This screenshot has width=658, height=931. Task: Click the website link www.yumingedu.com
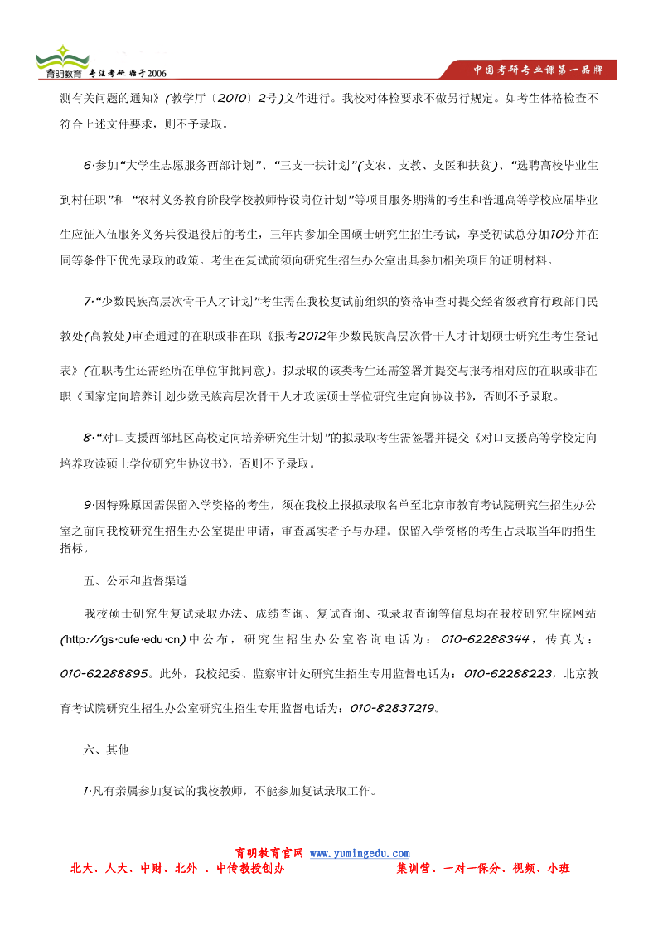pyautogui.click(x=360, y=853)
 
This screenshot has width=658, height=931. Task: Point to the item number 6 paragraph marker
pyautogui.click(x=87, y=166)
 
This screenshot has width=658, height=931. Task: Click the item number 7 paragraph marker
pyautogui.click(x=87, y=299)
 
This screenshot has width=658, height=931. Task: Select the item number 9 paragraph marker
pyautogui.click(x=87, y=503)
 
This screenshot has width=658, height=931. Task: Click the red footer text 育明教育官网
pyautogui.click(x=269, y=853)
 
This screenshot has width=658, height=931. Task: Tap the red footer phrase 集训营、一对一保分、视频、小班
pyautogui.click(x=483, y=869)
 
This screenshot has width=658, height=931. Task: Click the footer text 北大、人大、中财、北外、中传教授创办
pyautogui.click(x=177, y=869)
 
